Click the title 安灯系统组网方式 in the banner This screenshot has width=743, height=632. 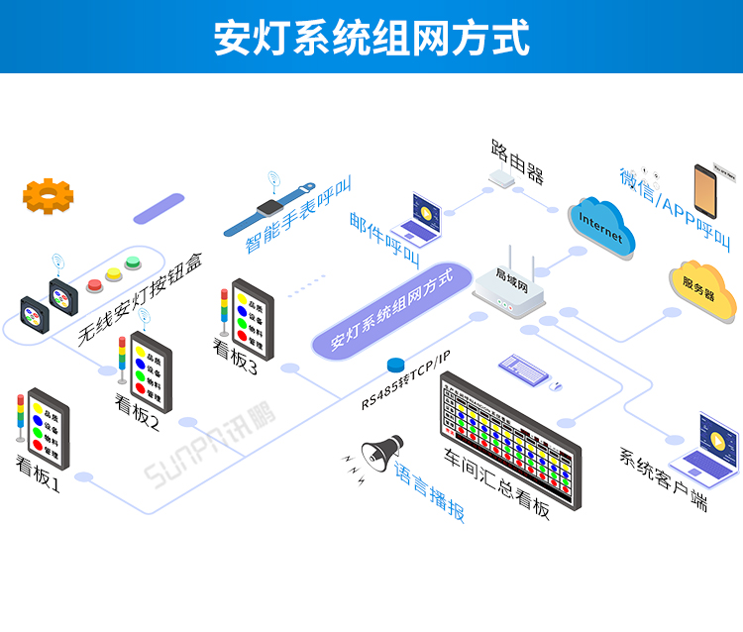point(371,38)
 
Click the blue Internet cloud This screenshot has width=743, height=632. point(601,227)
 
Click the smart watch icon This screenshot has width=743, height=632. point(269,210)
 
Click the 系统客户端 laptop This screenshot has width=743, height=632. point(706,443)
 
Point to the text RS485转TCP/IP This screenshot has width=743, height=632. point(405,378)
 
